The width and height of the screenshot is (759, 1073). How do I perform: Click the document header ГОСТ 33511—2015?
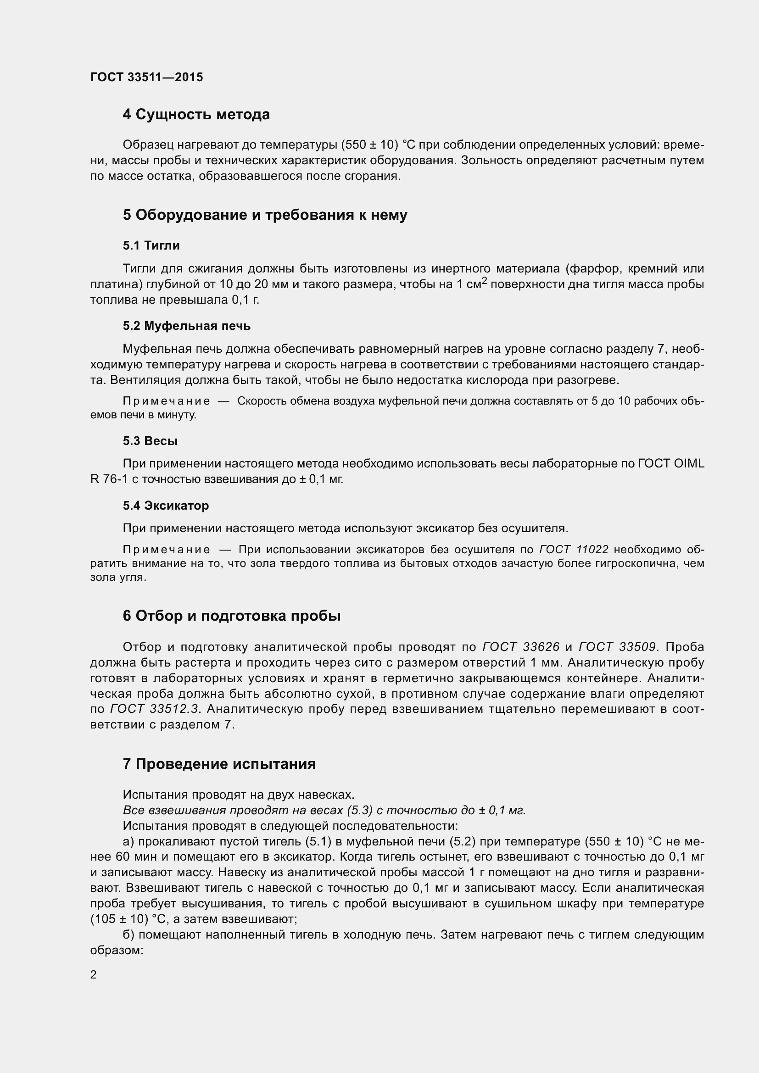pyautogui.click(x=146, y=77)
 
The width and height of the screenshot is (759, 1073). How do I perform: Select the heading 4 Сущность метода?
pyautogui.click(x=196, y=115)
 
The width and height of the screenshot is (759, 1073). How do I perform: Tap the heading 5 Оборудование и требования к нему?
pyautogui.click(x=265, y=215)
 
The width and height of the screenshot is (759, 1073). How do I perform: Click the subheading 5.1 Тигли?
pyautogui.click(x=151, y=245)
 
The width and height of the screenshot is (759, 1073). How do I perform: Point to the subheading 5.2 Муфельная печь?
pyautogui.click(x=186, y=326)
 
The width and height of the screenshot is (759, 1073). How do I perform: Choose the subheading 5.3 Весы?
pyautogui.click(x=150, y=441)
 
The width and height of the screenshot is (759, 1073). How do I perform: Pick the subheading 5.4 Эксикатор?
pyautogui.click(x=166, y=505)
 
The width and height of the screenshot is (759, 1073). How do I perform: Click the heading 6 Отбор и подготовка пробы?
pyautogui.click(x=231, y=616)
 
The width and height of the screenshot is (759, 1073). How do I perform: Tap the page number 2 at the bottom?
pyautogui.click(x=94, y=974)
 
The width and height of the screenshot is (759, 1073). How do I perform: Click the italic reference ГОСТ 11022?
pyautogui.click(x=574, y=550)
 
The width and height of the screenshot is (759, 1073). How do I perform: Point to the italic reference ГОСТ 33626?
pyautogui.click(x=521, y=647)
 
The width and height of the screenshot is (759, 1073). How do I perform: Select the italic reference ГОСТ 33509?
pyautogui.click(x=617, y=647)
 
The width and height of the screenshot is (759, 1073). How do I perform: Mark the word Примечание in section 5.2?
pyautogui.click(x=166, y=401)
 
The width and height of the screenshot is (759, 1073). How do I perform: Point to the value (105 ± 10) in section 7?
pyautogui.click(x=119, y=919)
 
